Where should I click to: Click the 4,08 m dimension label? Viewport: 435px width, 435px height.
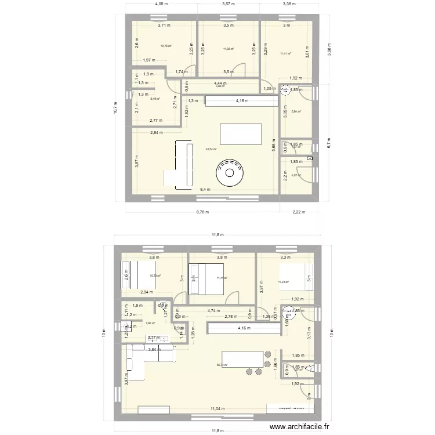click(x=161, y=3)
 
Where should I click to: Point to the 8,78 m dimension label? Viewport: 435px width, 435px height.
click(x=202, y=212)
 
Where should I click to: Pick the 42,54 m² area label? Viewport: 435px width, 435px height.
click(x=211, y=149)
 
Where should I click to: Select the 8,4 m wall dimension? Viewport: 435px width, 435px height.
click(x=205, y=189)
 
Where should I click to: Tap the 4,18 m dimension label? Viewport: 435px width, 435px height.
click(x=242, y=100)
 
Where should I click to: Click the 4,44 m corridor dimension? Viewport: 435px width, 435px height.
click(x=220, y=84)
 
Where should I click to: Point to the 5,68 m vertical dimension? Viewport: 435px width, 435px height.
click(x=273, y=147)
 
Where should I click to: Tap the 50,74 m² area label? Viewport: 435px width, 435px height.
click(x=222, y=365)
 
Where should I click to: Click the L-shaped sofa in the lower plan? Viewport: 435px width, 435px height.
click(x=143, y=360)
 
